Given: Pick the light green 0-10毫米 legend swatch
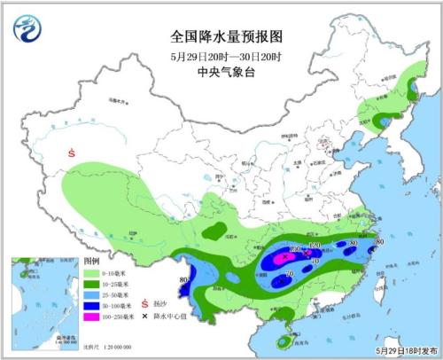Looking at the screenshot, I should [x=91, y=276].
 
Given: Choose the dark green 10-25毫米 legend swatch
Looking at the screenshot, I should [x=91, y=289].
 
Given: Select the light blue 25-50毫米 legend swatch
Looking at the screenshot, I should [x=91, y=301].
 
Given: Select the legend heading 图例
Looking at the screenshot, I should [x=90, y=263].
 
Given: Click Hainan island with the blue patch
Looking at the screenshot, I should [x=283, y=340].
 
